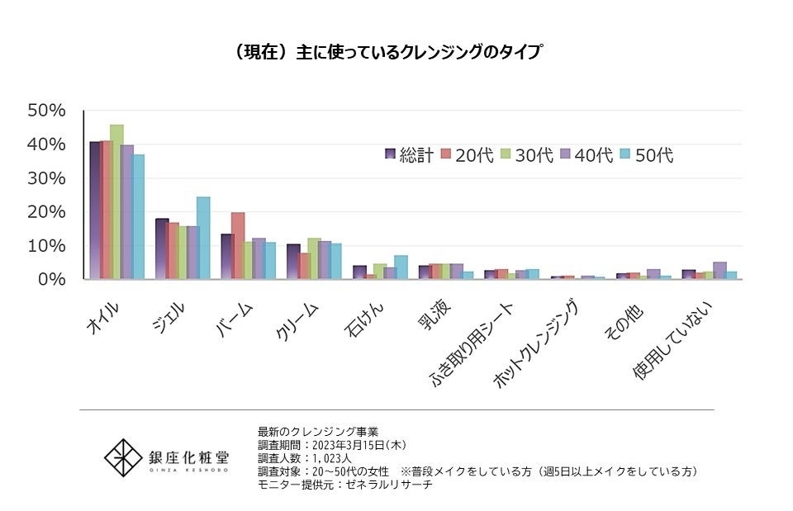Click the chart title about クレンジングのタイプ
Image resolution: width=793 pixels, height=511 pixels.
tap(387, 52)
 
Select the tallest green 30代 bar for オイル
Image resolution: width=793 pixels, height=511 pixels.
tap(116, 202)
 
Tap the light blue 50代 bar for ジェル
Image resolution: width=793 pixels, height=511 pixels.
tap(203, 238)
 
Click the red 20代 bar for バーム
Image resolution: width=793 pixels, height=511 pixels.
tap(238, 246)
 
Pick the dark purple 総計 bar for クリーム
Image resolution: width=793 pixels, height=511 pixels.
tap(293, 262)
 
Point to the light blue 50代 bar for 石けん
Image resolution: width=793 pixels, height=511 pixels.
tap(401, 267)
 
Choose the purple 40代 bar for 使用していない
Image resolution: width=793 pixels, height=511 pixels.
tap(719, 271)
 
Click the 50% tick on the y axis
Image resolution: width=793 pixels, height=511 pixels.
tap(46, 111)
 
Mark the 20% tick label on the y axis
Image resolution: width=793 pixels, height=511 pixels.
tap(46, 212)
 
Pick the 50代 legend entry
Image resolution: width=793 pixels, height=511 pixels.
tap(648, 154)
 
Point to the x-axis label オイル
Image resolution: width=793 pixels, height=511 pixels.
tap(103, 318)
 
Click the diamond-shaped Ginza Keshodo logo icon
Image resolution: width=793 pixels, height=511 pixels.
tap(121, 457)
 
